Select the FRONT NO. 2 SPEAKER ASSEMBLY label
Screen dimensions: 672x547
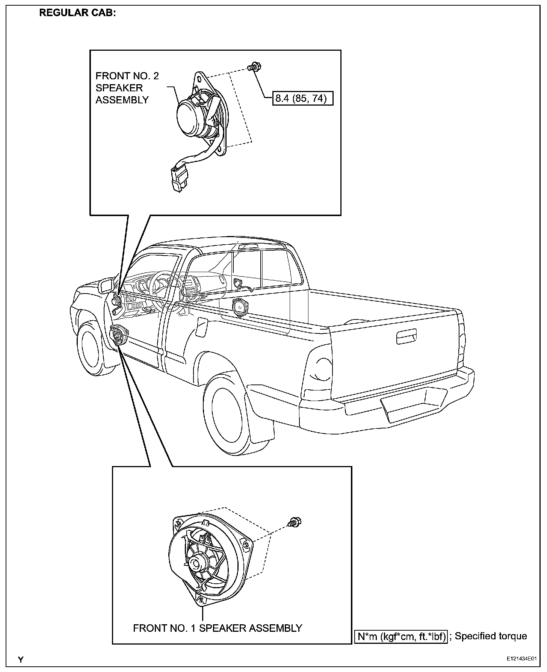point(127,88)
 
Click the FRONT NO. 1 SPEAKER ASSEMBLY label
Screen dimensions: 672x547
point(218,628)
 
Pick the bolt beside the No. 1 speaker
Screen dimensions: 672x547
point(295,522)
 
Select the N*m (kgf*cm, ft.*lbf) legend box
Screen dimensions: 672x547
point(401,636)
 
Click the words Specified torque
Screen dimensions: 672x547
point(491,636)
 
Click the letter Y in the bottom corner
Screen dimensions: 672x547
point(21,660)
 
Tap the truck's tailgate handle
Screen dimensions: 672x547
point(406,337)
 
